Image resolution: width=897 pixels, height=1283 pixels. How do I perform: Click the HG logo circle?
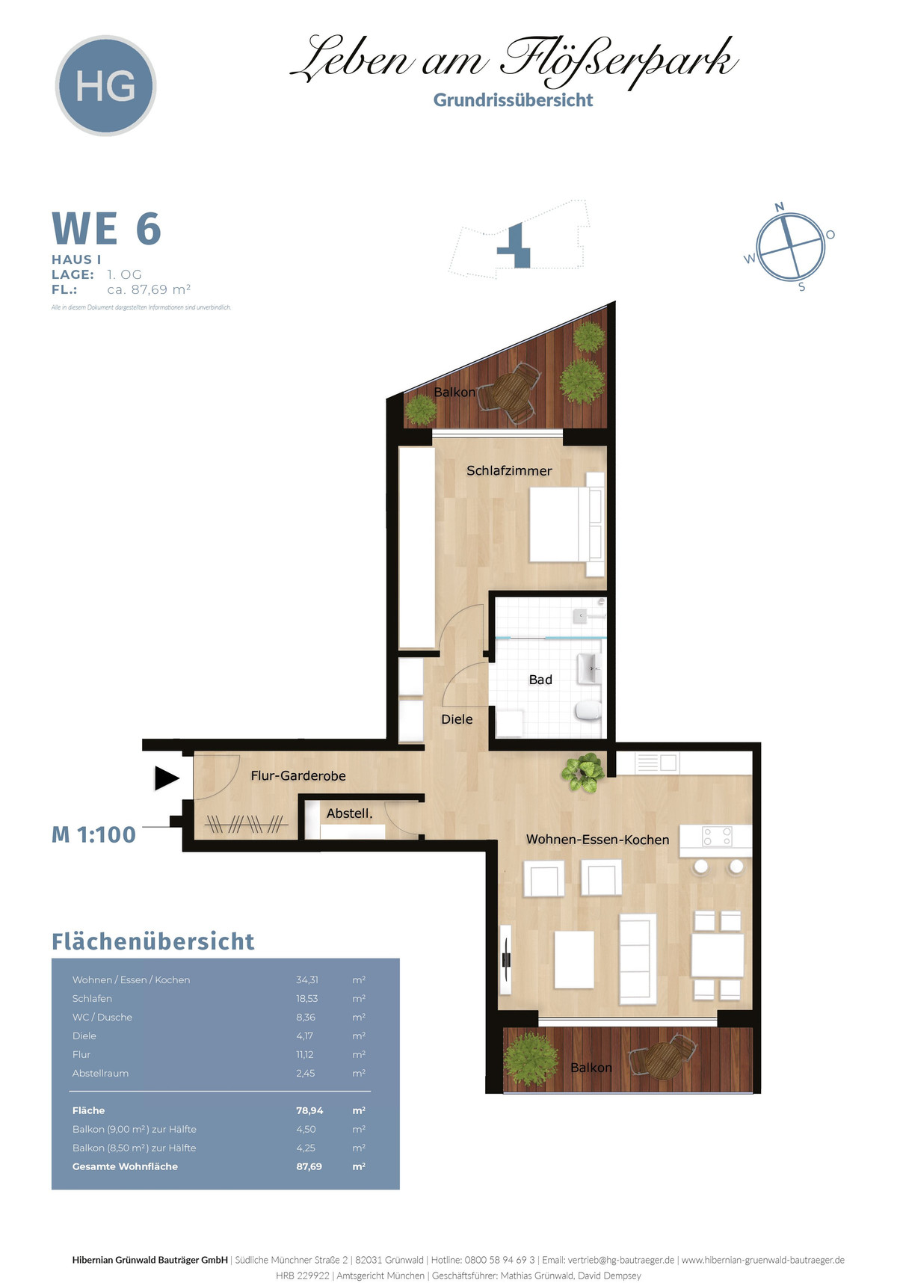105,85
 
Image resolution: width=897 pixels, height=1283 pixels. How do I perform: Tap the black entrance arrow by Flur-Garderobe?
167,778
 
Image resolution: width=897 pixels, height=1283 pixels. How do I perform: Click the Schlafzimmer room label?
509,470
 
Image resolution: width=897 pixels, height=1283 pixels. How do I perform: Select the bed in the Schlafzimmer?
567,524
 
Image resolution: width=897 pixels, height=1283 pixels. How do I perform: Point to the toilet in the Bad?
588,710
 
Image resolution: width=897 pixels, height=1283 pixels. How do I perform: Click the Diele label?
457,719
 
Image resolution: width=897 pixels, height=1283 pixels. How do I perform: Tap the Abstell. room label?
349,813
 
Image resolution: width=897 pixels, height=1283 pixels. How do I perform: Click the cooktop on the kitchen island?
717,836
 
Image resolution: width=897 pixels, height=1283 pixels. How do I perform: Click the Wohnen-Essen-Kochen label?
597,840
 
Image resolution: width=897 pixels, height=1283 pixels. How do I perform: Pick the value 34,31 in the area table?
306,979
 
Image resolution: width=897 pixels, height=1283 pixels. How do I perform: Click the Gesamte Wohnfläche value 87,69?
309,1166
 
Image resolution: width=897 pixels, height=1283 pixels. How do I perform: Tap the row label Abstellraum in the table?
100,1073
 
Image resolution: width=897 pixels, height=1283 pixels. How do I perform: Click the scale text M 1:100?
93,834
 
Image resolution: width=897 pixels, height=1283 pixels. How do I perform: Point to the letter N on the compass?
780,207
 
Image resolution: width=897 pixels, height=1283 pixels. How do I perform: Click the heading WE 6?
106,229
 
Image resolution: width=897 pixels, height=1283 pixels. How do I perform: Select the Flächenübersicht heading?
152,941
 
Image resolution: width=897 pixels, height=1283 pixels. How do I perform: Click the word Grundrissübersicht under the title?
513,100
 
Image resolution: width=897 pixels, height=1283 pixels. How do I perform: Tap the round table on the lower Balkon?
662,1058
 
